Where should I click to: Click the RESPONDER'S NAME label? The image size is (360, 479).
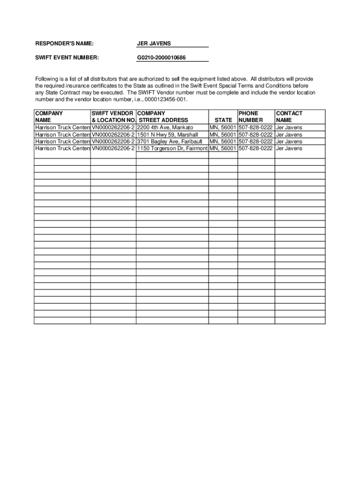[x=65, y=44]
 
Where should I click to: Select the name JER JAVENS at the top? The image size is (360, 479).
[x=154, y=44]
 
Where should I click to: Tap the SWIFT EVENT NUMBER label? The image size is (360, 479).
[x=67, y=58]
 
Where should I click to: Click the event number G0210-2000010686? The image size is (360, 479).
[x=161, y=58]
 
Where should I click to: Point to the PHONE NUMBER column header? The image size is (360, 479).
[x=254, y=116]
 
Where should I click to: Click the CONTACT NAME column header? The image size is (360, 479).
[x=289, y=116]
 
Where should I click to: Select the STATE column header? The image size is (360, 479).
[x=223, y=120]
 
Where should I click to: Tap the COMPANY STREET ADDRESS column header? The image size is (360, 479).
[x=163, y=116]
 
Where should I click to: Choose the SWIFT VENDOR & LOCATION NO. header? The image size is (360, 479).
[x=113, y=116]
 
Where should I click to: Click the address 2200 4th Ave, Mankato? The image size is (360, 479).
[x=165, y=127]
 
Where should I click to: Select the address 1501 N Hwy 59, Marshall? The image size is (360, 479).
[x=167, y=135]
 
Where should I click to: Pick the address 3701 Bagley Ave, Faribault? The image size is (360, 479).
[x=170, y=141]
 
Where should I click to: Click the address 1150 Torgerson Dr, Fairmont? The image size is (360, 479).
[x=172, y=148]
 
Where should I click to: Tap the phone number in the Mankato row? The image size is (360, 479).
[x=256, y=127]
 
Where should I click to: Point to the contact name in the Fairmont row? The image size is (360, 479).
[x=289, y=148]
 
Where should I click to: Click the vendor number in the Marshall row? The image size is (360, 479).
[x=113, y=135]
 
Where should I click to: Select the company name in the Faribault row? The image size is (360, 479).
[x=63, y=141]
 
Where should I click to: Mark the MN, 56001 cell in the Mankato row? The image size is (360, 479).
[x=223, y=127]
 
